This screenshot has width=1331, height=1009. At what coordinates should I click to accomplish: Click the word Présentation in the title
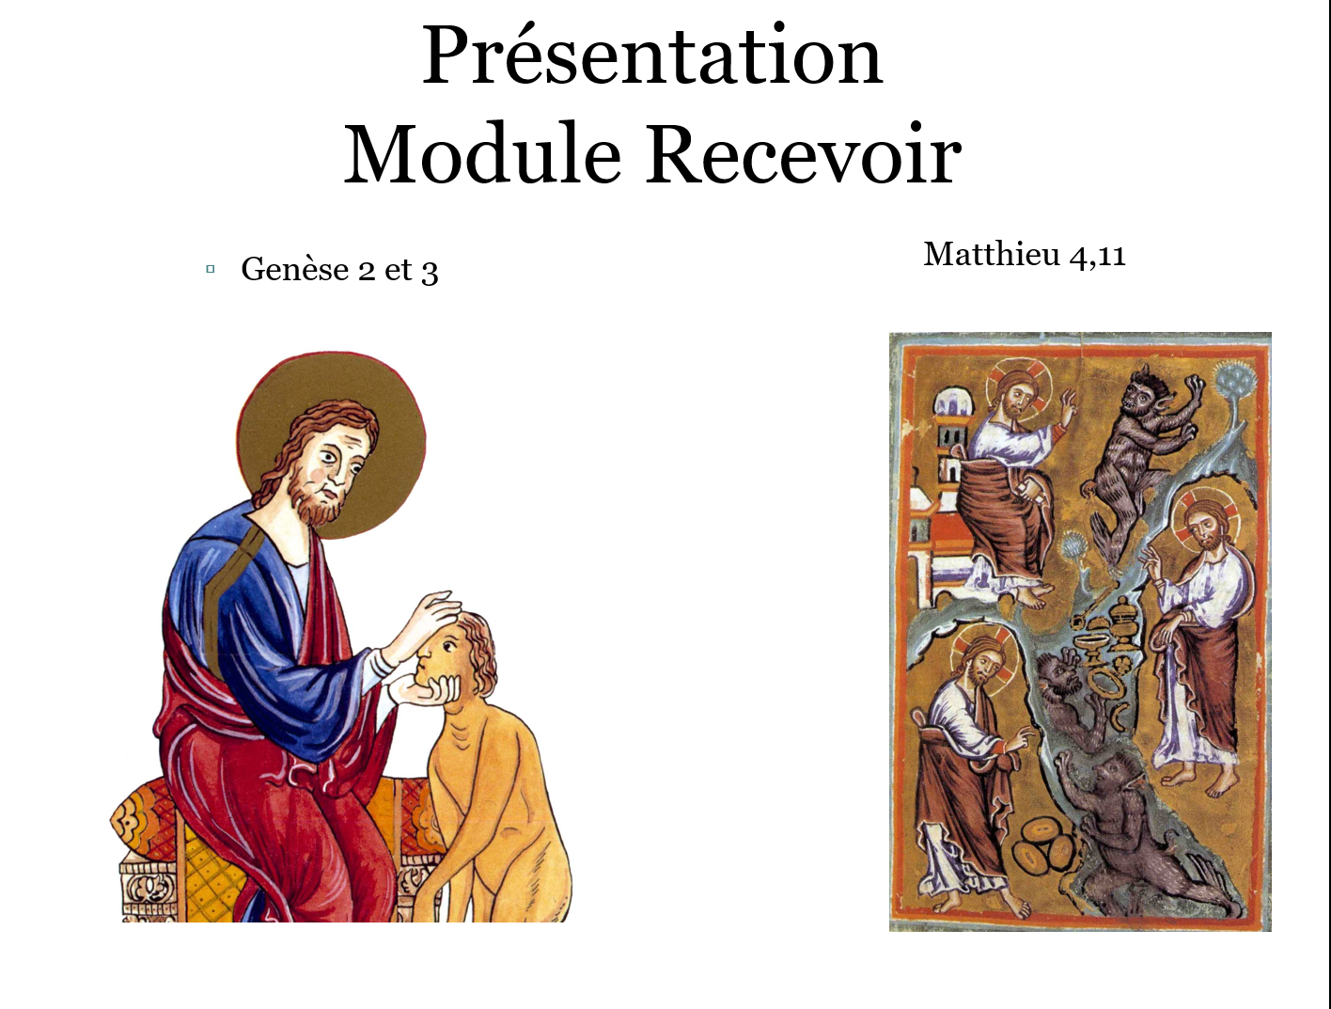click(x=651, y=56)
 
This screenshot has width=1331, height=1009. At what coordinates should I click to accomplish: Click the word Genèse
click(x=294, y=270)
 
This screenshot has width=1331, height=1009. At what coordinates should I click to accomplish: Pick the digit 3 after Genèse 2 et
click(x=430, y=272)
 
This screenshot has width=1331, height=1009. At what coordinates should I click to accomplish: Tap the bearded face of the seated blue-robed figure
click(x=329, y=470)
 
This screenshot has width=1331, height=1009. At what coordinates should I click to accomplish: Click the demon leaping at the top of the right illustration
click(x=1140, y=433)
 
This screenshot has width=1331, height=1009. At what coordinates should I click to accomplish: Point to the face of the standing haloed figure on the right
click(x=1203, y=529)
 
